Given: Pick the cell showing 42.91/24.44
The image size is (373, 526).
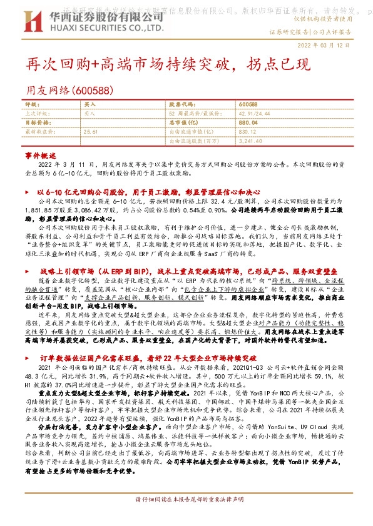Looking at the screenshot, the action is tap(254, 114).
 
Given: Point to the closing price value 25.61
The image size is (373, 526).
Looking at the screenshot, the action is tap(91, 132).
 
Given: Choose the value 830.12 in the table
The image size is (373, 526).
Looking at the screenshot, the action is tap(248, 132).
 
